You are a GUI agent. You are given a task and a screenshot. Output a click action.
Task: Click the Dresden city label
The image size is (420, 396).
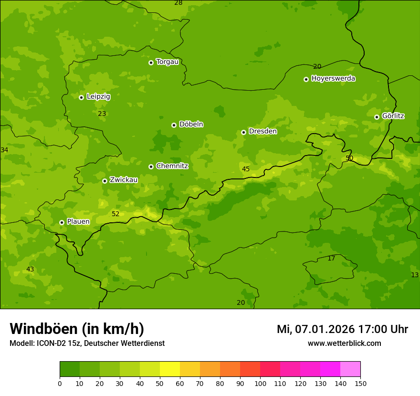tap(262, 131)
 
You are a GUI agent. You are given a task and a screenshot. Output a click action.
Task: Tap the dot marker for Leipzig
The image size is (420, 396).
tap(81, 97)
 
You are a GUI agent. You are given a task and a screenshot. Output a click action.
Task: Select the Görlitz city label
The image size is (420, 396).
tap(393, 116)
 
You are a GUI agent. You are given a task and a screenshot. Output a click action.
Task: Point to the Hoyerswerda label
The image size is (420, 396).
tap(333, 79)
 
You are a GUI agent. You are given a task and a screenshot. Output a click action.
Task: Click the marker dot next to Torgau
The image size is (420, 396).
tap(151, 63)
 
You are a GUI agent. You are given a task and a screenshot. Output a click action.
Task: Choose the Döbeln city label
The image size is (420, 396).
tap(191, 125)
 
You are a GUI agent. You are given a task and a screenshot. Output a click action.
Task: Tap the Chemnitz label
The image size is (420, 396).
tap(172, 166)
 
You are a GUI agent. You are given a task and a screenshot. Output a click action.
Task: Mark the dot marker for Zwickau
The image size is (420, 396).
tap(105, 181)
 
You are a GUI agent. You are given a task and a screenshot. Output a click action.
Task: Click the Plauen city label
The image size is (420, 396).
tap(78, 222)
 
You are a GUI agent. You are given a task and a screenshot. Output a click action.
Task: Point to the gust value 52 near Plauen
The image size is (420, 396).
tap(115, 214)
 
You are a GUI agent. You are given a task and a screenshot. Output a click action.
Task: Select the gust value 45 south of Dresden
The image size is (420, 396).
tap(246, 169)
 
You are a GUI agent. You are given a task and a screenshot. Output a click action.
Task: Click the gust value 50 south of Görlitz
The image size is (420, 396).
tap(349, 158)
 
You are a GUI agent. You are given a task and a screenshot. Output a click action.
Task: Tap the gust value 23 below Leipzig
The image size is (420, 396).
tap(102, 114)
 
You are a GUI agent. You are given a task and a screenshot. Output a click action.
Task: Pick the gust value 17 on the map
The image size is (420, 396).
tap(331, 258)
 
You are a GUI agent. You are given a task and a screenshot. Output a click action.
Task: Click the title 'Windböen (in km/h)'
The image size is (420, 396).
tap(77, 329)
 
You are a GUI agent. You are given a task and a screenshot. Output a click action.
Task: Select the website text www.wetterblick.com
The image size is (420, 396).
tap(344, 343)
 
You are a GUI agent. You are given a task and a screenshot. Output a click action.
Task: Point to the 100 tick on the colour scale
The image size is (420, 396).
tap(260, 383)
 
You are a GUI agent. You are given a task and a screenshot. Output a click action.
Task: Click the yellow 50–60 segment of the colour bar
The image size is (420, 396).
tap(170, 369)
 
